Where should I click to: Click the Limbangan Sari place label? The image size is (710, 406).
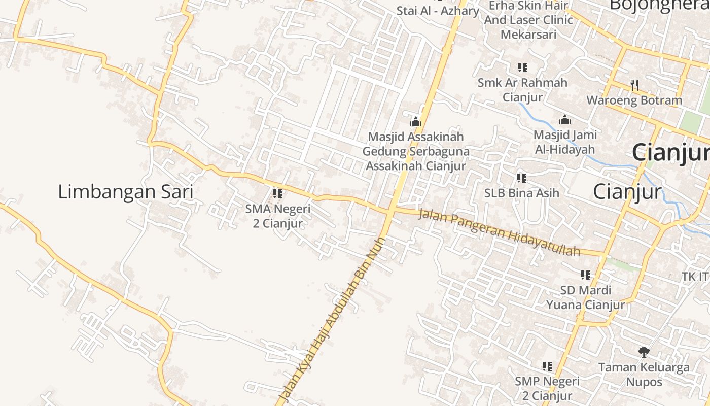tap(125, 192)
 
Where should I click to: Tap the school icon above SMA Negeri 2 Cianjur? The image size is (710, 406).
tap(277, 193)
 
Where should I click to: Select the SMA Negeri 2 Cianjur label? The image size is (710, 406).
tap(277, 216)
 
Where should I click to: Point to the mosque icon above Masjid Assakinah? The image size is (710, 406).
tap(416, 122)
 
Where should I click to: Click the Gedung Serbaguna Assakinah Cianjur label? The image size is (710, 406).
tap(416, 158)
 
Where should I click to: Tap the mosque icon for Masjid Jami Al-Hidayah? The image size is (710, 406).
tap(565, 120)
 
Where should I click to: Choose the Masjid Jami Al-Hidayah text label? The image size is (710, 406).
tap(565, 142)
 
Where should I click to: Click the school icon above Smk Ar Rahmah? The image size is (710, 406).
tap(522, 67)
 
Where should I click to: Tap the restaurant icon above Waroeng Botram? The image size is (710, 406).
tap(634, 85)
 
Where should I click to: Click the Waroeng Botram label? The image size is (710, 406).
tap(634, 100)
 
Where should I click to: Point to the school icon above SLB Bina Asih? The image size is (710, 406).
tap(521, 178)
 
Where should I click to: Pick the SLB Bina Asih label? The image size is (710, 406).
tap(521, 193)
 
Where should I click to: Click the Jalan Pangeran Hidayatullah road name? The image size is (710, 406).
tap(499, 233)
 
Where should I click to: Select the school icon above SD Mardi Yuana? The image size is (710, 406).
tap(586, 275)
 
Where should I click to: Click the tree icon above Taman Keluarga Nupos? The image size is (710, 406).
tap(644, 352)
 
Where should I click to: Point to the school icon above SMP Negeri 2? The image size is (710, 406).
tap(547, 366)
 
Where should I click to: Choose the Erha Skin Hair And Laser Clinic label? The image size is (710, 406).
tap(528, 20)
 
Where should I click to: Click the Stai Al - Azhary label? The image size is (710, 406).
tap(438, 10)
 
